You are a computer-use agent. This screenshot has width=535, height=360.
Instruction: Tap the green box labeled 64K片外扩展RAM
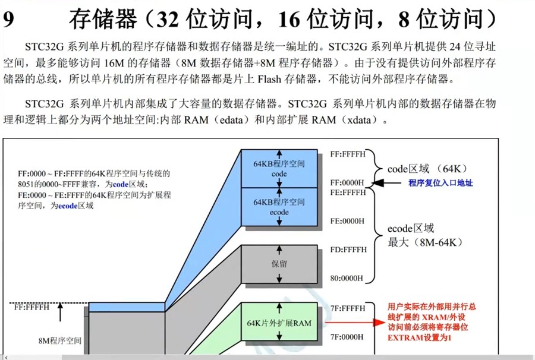tap(279, 323)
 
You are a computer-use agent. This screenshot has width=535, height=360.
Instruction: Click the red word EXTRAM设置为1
tap(419, 337)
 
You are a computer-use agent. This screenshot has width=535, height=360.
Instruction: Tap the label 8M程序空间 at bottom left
tap(59, 341)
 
